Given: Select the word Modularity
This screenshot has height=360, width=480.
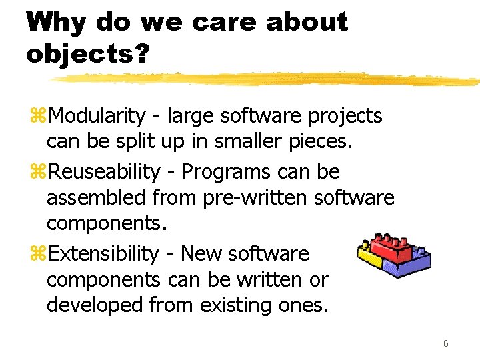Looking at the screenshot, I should coord(97,116).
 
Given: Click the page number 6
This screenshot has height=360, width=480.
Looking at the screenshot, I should coord(445,343).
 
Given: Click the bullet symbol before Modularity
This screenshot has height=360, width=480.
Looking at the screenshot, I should coord(37,117).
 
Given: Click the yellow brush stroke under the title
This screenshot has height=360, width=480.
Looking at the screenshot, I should coord(267,79).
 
